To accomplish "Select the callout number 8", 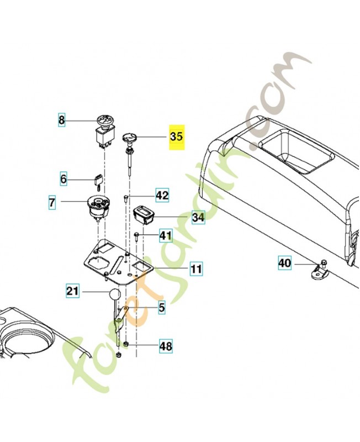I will (62, 119).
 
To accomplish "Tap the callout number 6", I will (63, 178).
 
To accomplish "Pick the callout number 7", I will (52, 203).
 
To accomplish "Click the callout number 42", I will (162, 196).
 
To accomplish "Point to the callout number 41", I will (166, 236).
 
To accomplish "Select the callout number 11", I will (196, 270).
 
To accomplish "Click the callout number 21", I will (73, 291).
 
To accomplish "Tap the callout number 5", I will (162, 308).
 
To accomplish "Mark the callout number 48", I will (165, 347).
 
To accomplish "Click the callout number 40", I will (284, 264).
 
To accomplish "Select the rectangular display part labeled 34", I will (145, 213).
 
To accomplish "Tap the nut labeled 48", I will (126, 346).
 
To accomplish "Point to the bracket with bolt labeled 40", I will (319, 272).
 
